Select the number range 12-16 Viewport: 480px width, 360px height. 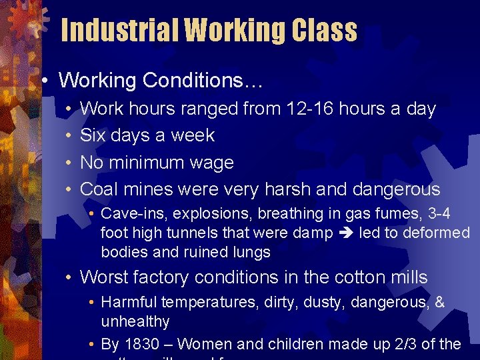pyautogui.click(x=310, y=109)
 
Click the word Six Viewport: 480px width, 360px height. pyautogui.click(x=94, y=135)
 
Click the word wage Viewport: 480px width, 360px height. pyautogui.click(x=211, y=163)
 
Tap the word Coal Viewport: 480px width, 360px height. pyautogui.click(x=99, y=189)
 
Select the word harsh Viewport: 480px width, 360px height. pyautogui.click(x=285, y=189)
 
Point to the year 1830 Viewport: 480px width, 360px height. pyautogui.click(x=141, y=344)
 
